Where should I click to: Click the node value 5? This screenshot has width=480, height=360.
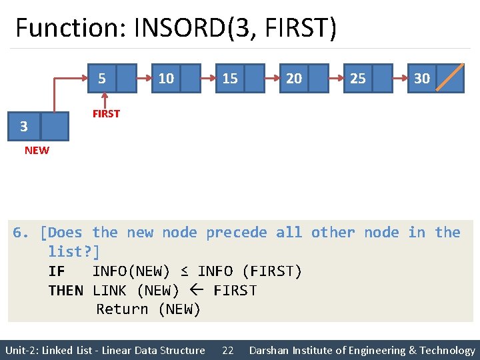[x=101, y=79]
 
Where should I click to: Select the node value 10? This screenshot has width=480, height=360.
[x=166, y=79]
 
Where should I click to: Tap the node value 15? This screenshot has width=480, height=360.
[x=230, y=79]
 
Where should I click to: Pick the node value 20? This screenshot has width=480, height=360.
[x=294, y=79]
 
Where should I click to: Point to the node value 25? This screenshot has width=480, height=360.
[x=358, y=79]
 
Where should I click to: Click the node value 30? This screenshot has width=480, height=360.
[x=422, y=79]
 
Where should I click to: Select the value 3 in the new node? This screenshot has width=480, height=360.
[x=24, y=126]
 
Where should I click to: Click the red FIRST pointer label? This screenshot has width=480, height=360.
[x=106, y=114]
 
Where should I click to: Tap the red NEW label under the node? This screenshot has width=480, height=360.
[x=37, y=151]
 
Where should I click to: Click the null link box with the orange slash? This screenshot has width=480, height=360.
[x=452, y=78]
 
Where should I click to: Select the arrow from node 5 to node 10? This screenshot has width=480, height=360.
[x=143, y=78]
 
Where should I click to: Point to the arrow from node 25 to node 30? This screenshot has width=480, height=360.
[x=399, y=78]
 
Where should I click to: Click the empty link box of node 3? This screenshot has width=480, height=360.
[x=55, y=126]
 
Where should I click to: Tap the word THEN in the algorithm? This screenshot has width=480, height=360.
[x=66, y=291]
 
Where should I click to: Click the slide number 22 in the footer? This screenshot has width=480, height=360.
[x=228, y=351]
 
